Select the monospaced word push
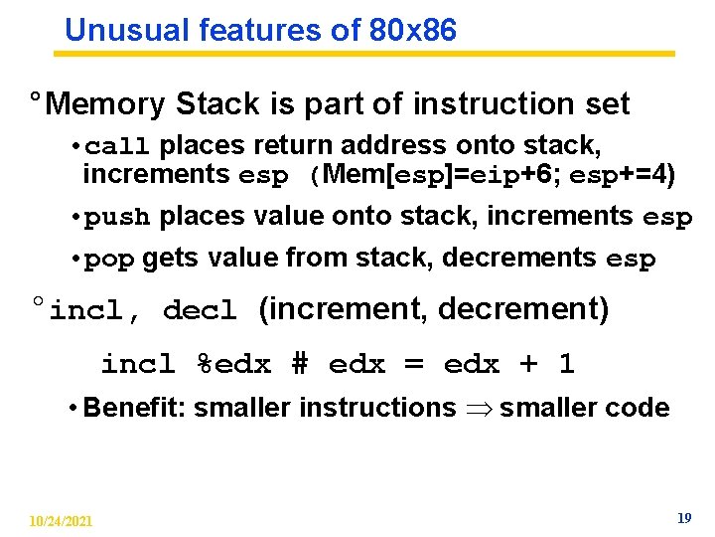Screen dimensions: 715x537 [117, 218]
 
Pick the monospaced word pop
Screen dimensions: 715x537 [109, 261]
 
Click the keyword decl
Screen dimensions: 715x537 [200, 311]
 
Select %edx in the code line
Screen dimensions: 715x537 [233, 364]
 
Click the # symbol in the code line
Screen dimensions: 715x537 [300, 364]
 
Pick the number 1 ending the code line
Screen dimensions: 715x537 [566, 364]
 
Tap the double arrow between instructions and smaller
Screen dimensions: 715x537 [477, 409]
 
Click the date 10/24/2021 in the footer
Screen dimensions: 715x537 [62, 521]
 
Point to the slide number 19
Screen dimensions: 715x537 [683, 518]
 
